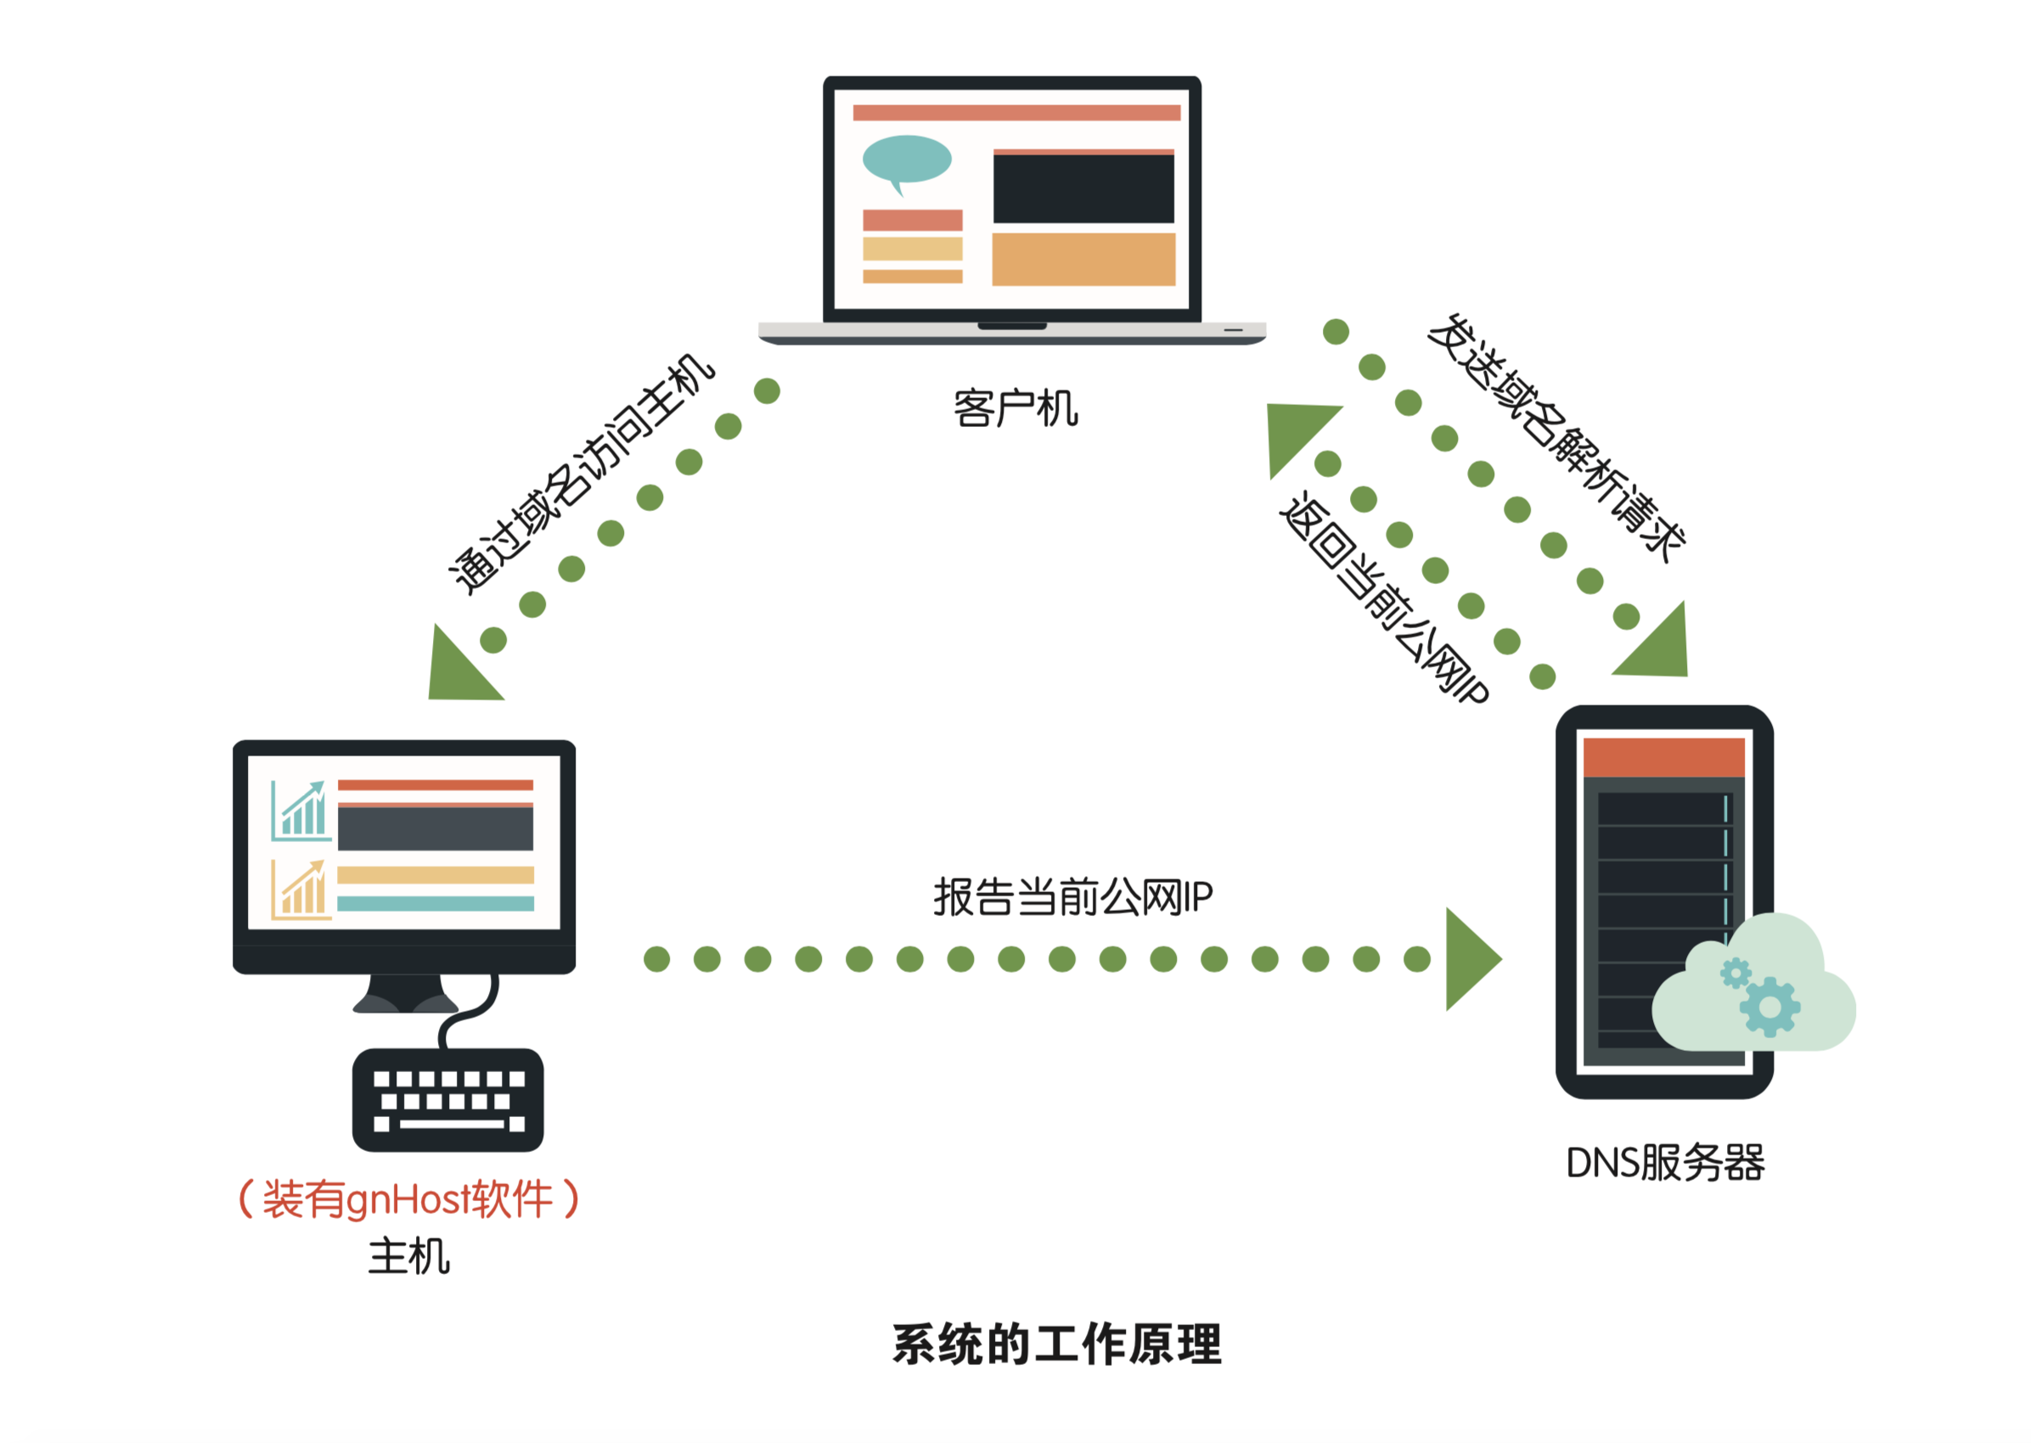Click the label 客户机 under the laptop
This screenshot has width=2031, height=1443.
[1014, 409]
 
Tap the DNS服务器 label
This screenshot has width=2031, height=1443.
[1664, 1162]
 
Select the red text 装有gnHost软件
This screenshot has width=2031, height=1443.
[408, 1199]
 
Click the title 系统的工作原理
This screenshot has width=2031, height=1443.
[1057, 1345]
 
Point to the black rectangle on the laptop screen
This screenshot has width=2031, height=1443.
[1083, 189]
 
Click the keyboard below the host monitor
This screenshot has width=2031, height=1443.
[447, 1100]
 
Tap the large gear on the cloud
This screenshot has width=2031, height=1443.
[1769, 1007]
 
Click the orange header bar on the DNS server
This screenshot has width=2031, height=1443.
[1663, 757]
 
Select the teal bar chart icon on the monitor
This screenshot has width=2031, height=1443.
[301, 811]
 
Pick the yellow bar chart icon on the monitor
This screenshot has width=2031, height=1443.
[301, 890]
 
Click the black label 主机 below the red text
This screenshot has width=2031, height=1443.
[409, 1256]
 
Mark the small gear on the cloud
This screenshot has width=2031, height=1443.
[1734, 973]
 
